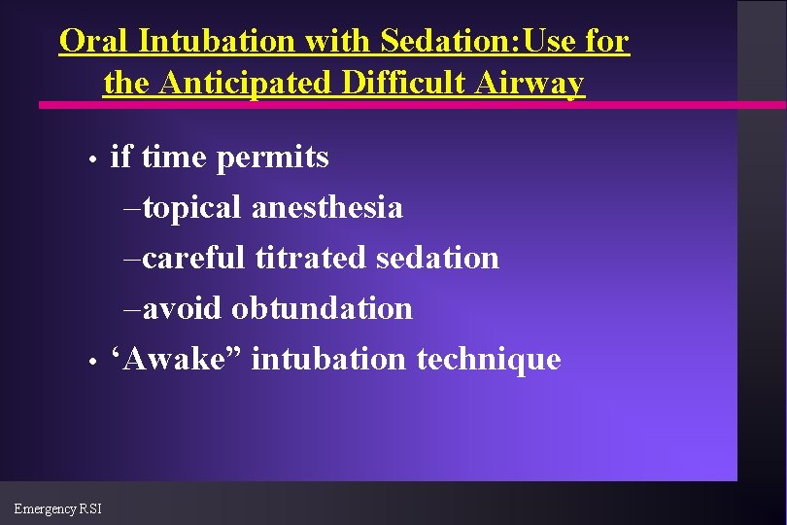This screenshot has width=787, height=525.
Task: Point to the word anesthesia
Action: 327,208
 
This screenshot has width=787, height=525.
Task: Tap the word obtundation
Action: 322,309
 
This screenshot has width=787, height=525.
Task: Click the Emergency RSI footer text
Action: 57,508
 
